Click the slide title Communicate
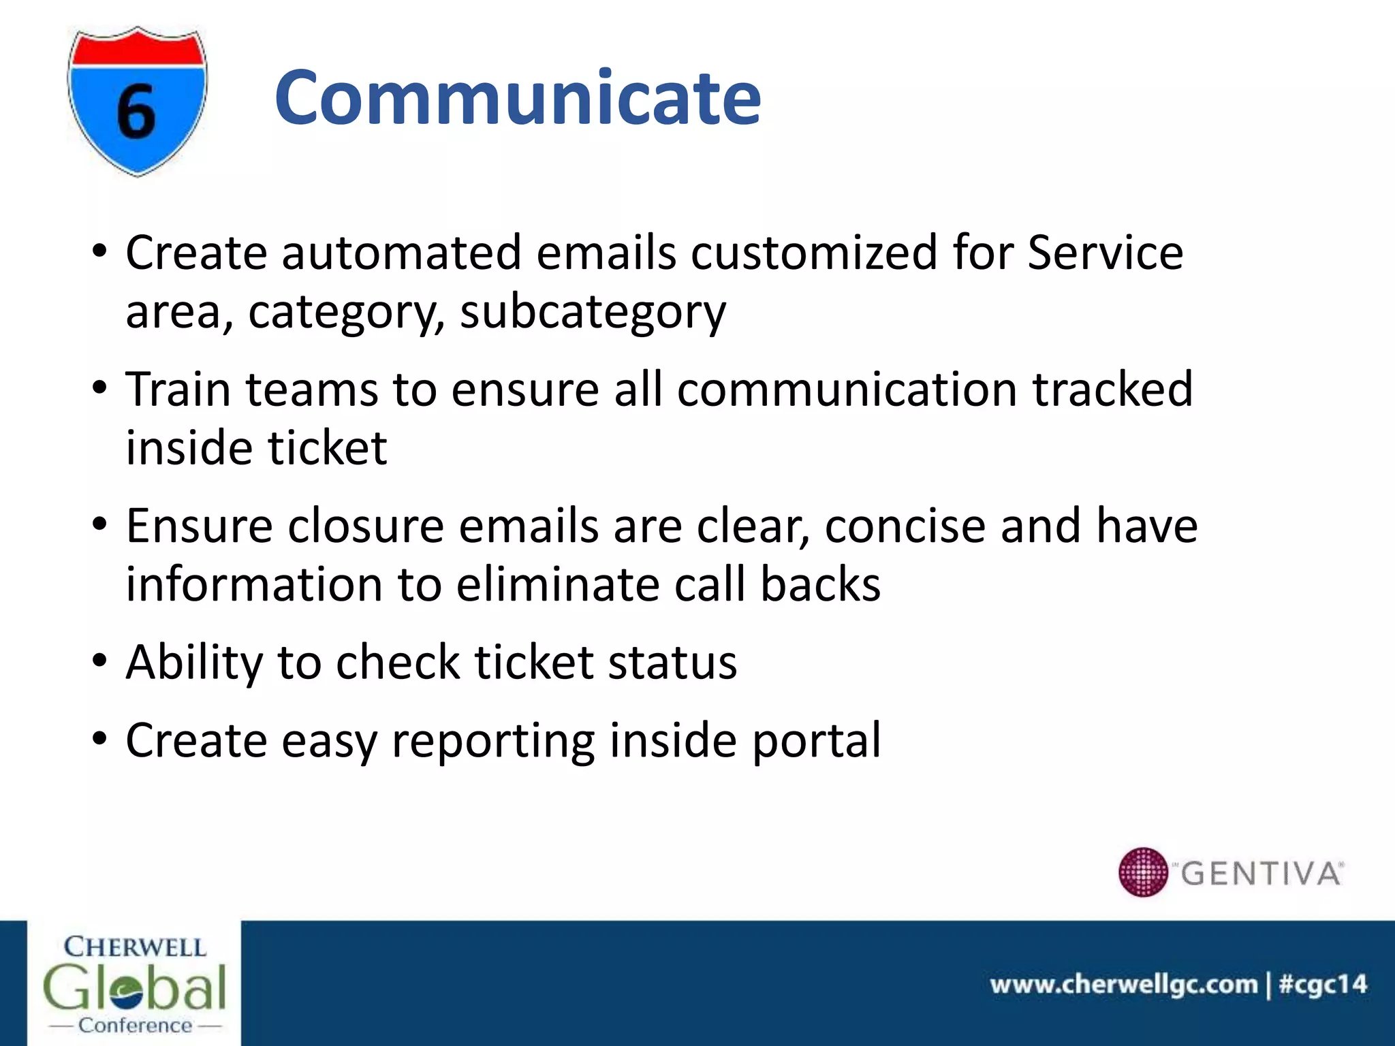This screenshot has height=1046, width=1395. pyautogui.click(x=518, y=99)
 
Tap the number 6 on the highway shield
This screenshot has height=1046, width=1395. pyautogui.click(x=136, y=112)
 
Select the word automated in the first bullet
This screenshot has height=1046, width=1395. pyautogui.click(x=401, y=253)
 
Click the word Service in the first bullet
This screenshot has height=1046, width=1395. pyautogui.click(x=1105, y=253)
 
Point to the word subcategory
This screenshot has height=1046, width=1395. pyautogui.click(x=593, y=313)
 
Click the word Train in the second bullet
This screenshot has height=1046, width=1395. pyautogui.click(x=178, y=390)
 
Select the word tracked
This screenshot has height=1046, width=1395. pyautogui.click(x=1112, y=390)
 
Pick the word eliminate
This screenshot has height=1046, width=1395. pyautogui.click(x=557, y=585)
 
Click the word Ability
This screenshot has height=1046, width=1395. pyautogui.click(x=194, y=663)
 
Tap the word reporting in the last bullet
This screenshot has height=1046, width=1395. pyautogui.click(x=492, y=741)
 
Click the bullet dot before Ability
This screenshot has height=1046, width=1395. pyautogui.click(x=100, y=661)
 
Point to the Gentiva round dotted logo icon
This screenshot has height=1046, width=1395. pyautogui.click(x=1143, y=872)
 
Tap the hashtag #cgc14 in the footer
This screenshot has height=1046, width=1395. pyautogui.click(x=1323, y=985)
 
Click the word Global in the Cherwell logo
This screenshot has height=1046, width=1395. pyautogui.click(x=134, y=987)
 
